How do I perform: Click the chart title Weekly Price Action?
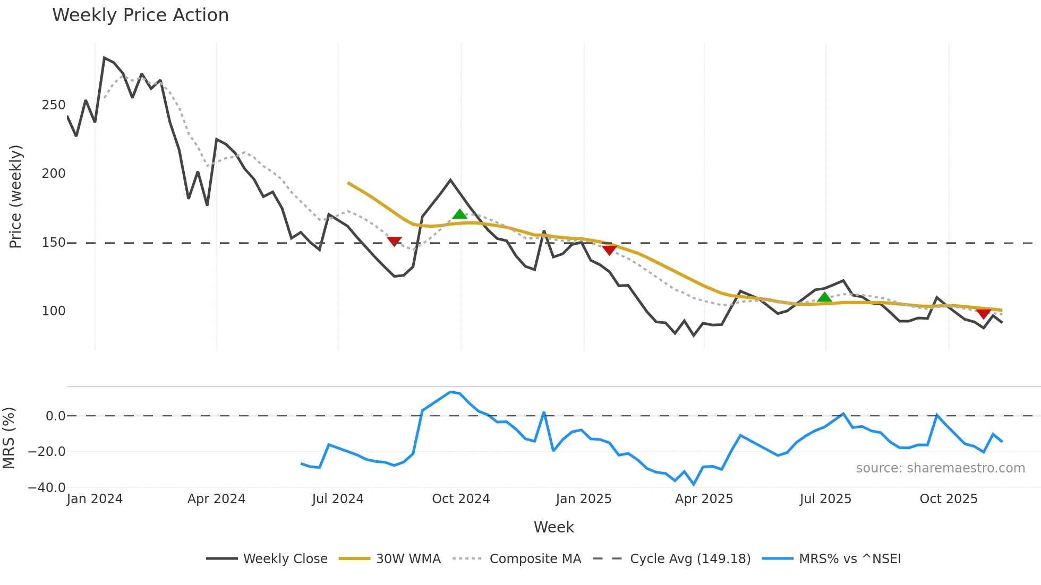(x=140, y=15)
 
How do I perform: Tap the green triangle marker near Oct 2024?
(x=460, y=214)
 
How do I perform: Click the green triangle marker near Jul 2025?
(x=824, y=297)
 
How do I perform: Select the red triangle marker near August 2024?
(x=394, y=242)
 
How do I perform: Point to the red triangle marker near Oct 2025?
(x=984, y=314)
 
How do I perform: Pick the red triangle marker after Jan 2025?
(x=609, y=250)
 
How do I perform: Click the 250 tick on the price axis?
(x=54, y=105)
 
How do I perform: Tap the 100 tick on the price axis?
(x=54, y=311)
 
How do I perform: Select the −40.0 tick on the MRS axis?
(x=47, y=487)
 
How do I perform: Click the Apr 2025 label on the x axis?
(x=704, y=499)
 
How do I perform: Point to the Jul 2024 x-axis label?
(x=338, y=499)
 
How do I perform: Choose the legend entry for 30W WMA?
(x=408, y=559)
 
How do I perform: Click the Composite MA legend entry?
(x=535, y=559)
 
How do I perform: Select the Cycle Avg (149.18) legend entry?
(x=690, y=559)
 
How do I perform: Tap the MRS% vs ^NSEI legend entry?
(x=850, y=559)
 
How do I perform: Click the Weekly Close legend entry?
(x=285, y=559)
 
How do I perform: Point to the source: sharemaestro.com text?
(x=940, y=468)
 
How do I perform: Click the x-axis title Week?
(x=553, y=527)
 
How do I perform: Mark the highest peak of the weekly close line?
(x=105, y=58)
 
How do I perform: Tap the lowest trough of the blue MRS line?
(x=694, y=484)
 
